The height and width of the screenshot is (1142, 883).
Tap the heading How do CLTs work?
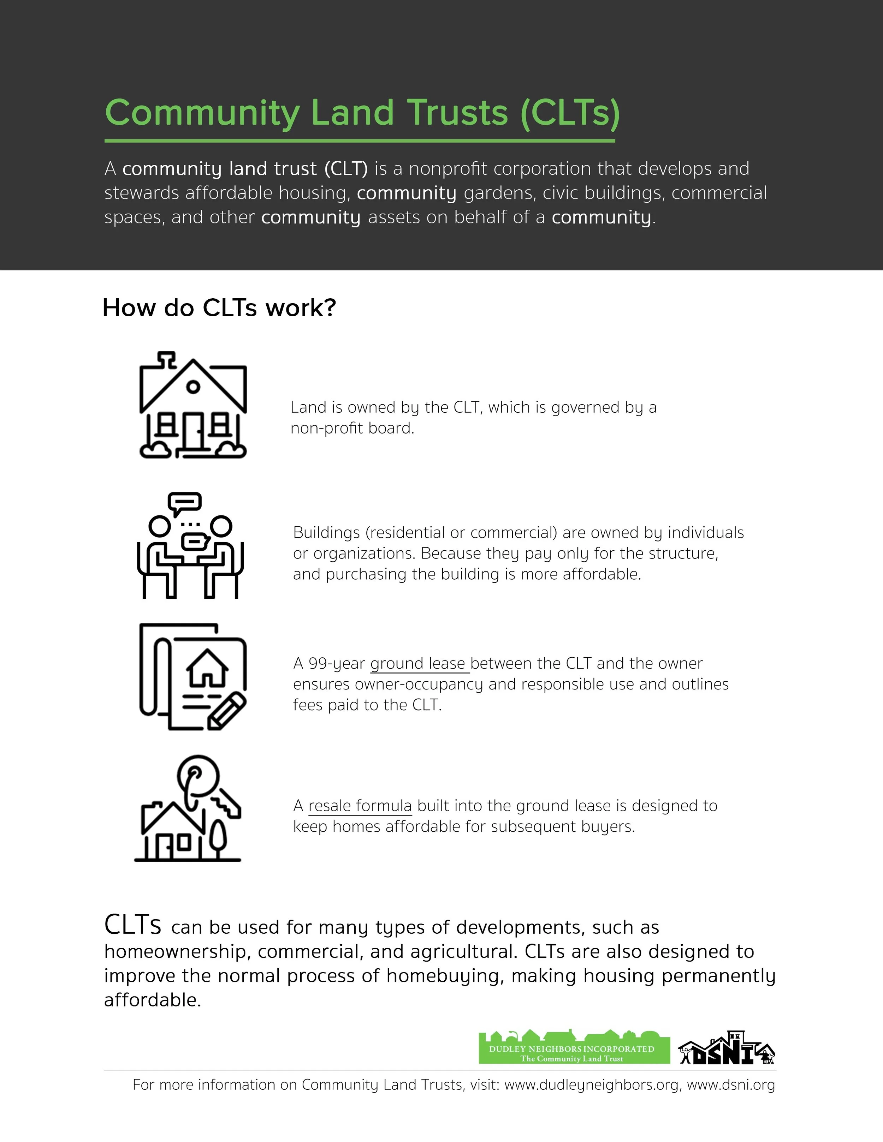click(x=219, y=307)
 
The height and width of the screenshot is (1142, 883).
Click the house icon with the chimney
click(x=193, y=405)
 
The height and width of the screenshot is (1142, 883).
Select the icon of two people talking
click(x=190, y=545)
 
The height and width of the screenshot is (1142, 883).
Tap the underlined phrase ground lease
click(x=417, y=664)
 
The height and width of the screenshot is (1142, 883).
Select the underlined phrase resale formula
click(x=360, y=806)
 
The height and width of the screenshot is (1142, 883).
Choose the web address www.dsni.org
click(x=731, y=1085)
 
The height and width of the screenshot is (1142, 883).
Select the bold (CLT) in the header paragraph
click(x=346, y=169)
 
